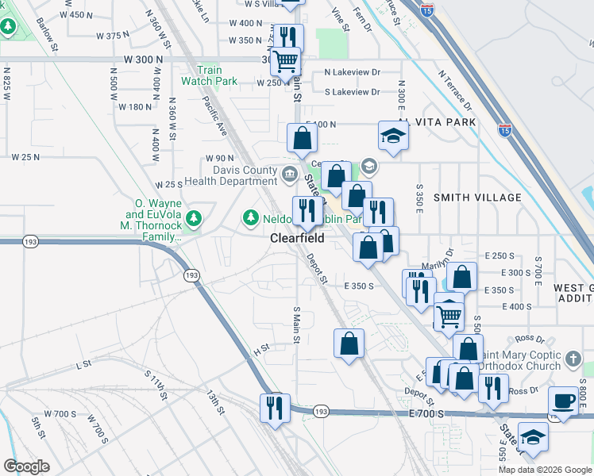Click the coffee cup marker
coord(564,401)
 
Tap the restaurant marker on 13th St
coord(275,408)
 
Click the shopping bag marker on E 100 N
coord(303,140)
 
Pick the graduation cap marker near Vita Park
coord(392,137)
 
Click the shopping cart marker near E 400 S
coord(449,317)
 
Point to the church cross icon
coord(573,361)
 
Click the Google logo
coord(26,466)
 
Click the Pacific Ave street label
coord(215,116)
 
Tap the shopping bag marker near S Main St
coord(349,344)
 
